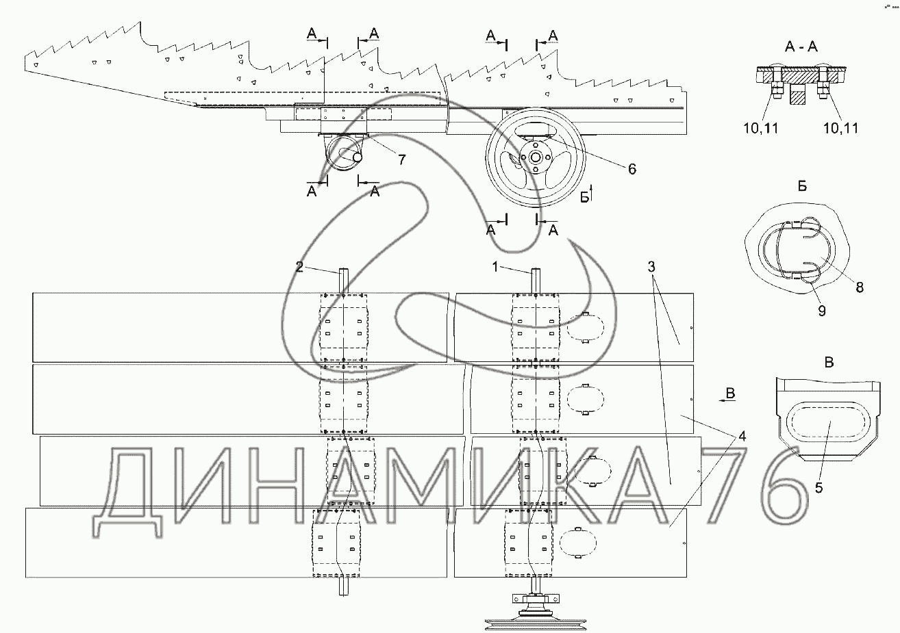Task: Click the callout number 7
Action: coord(401,159)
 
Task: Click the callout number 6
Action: coord(632,168)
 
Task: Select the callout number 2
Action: coord(299,267)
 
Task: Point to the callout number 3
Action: coord(651,265)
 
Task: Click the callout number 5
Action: coord(818,488)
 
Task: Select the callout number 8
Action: coord(859,287)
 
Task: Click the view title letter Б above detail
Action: coord(801,188)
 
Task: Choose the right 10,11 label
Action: coord(840,127)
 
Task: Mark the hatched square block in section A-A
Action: coord(797,95)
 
